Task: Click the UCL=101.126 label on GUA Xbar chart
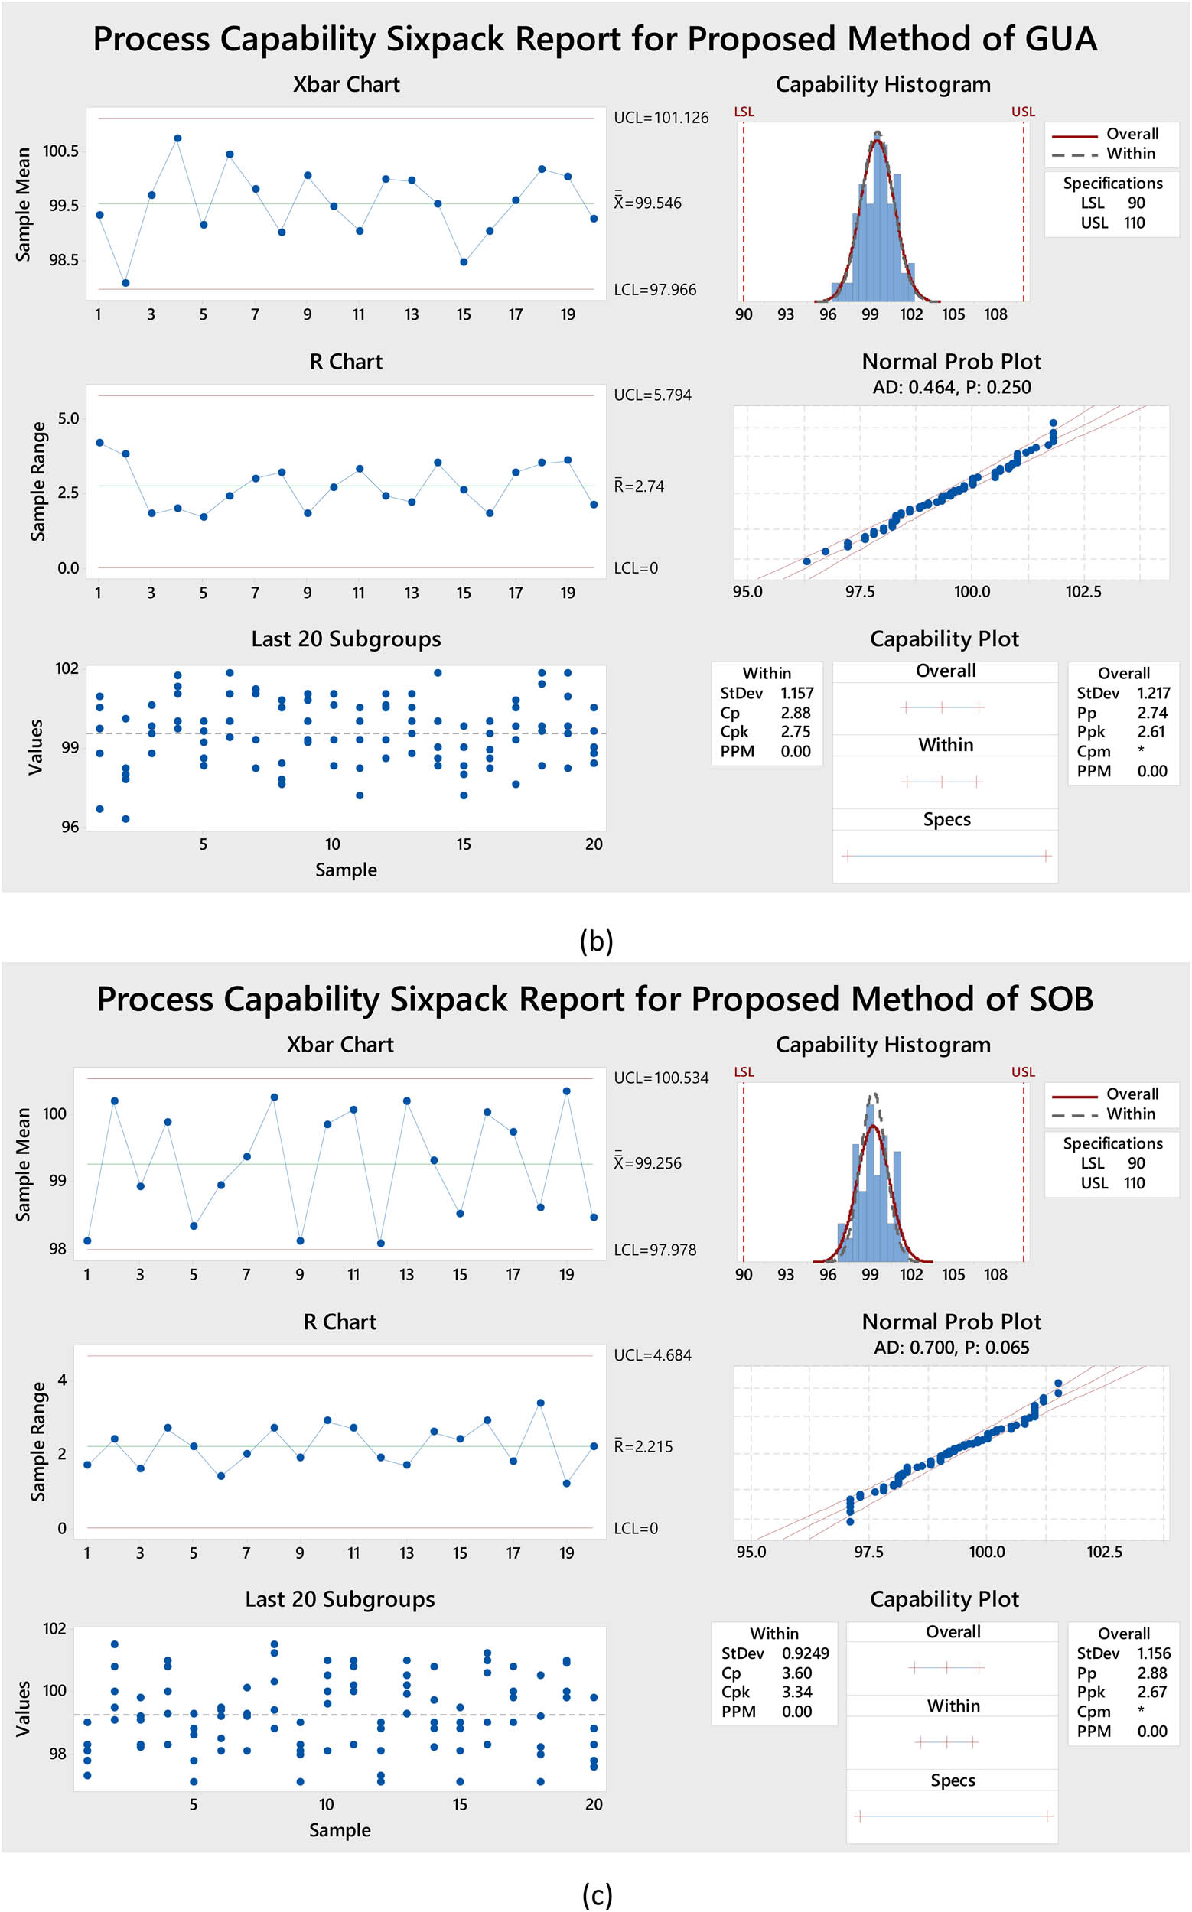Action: tap(660, 119)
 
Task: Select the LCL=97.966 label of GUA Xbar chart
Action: tap(654, 290)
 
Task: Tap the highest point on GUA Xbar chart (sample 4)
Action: tap(178, 138)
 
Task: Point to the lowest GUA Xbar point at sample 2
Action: tap(125, 283)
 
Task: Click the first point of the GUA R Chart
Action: tap(99, 443)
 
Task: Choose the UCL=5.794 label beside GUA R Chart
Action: tap(652, 395)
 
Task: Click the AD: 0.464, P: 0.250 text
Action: tap(951, 388)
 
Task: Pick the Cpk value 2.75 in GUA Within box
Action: tap(795, 732)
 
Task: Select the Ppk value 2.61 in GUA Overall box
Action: tap(1150, 732)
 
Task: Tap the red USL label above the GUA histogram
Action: tap(1022, 112)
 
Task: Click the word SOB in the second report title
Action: tap(1060, 1000)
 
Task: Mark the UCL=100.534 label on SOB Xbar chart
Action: tap(660, 1078)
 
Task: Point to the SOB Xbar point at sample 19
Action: tap(566, 1091)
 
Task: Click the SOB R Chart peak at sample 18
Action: tap(540, 1403)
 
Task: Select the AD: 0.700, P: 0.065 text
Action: tap(951, 1348)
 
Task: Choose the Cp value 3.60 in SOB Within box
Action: tap(796, 1673)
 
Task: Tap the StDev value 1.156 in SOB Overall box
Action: tap(1155, 1653)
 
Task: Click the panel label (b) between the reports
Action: tap(596, 941)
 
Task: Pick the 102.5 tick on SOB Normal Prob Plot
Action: tap(1104, 1551)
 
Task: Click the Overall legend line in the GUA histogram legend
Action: tap(1073, 135)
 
